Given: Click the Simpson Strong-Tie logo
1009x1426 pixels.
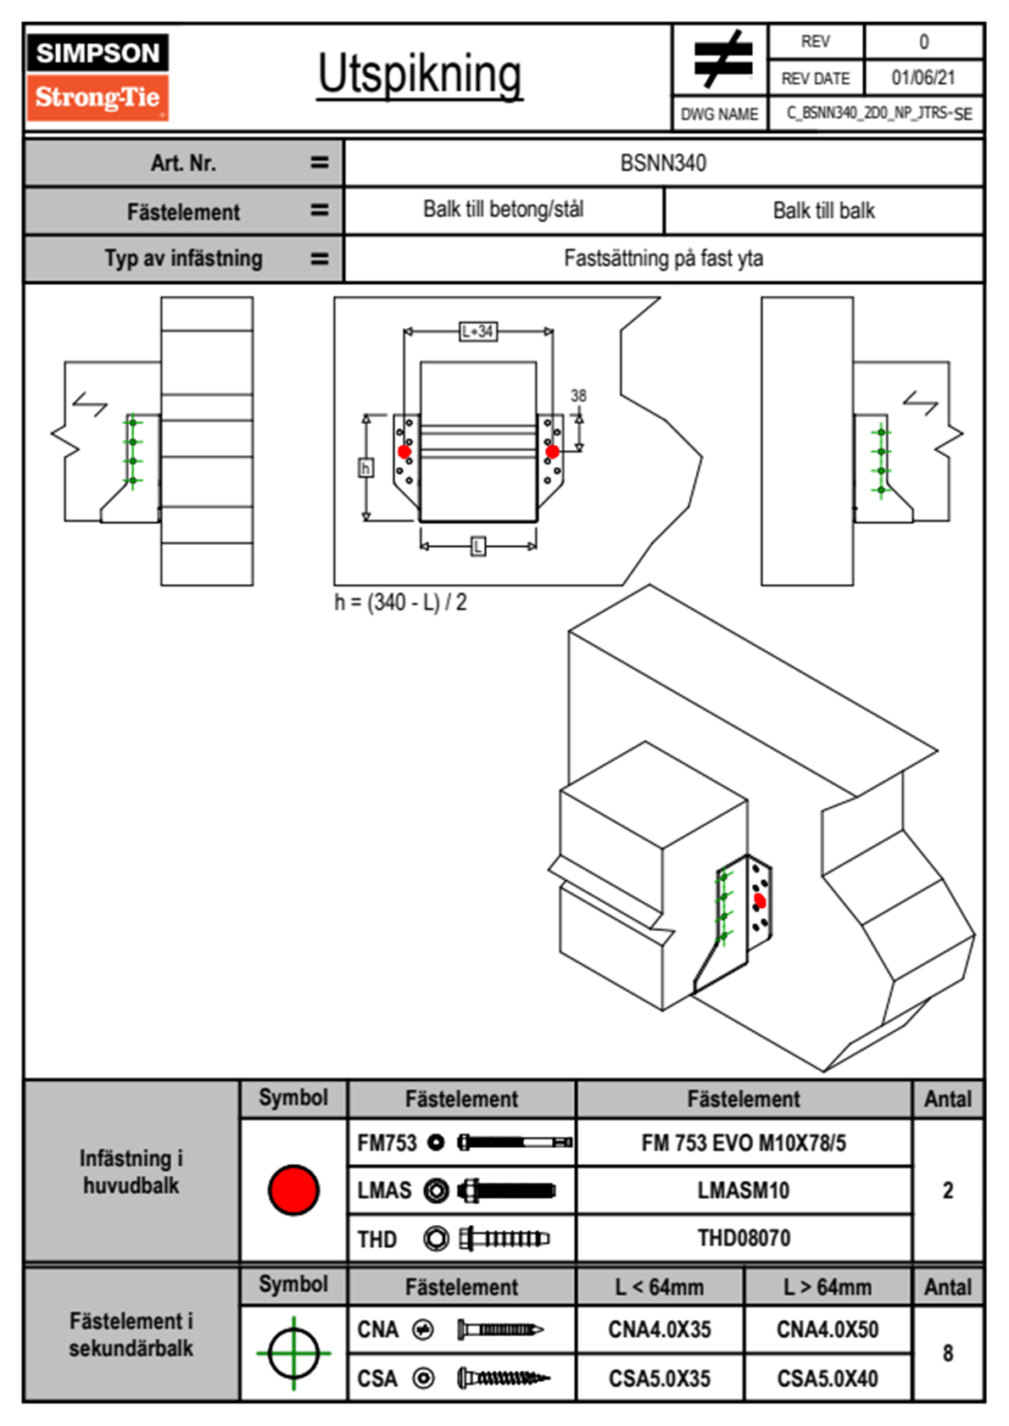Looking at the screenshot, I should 98,76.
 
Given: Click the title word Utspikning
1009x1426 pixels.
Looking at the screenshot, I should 420,75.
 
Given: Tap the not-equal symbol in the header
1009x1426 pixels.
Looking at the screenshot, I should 722,59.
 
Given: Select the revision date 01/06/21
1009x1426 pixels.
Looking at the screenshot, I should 923,78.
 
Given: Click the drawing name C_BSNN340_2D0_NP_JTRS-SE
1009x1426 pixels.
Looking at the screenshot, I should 878,114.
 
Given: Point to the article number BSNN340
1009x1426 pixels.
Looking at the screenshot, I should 663,163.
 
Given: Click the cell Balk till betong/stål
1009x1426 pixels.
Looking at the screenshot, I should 503,209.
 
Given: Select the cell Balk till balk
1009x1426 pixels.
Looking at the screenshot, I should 823,210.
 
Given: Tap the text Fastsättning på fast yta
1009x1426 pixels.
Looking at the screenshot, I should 663,259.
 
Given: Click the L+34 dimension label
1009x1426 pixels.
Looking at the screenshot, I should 478,331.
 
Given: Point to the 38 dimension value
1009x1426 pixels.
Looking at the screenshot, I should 578,395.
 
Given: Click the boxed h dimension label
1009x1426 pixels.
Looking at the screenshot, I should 365,467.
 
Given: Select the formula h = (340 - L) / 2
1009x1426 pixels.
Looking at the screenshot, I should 400,603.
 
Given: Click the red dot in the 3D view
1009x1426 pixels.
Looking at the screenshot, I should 760,901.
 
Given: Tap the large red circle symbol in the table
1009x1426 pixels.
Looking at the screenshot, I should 293,1189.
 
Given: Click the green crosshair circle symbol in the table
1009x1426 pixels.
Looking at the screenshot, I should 293,1353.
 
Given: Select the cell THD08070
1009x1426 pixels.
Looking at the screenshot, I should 744,1239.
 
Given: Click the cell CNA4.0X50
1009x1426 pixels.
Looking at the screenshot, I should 828,1329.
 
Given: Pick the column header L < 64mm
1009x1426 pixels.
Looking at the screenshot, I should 660,1287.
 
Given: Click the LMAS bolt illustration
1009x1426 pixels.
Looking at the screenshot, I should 506,1190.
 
